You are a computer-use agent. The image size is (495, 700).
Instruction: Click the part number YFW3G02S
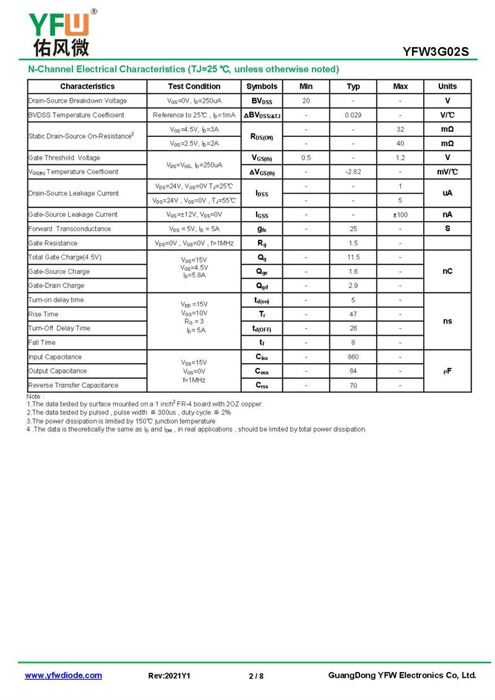click(x=436, y=52)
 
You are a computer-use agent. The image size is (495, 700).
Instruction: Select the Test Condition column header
click(x=194, y=87)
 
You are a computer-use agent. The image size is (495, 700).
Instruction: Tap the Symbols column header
click(x=262, y=87)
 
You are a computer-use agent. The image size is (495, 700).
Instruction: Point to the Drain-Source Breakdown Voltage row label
click(x=77, y=101)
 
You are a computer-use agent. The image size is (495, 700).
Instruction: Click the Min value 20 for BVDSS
click(x=306, y=101)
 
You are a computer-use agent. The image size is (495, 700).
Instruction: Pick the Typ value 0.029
click(x=353, y=115)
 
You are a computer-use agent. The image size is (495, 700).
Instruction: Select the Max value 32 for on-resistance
click(x=400, y=129)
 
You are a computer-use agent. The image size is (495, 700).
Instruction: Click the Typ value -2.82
click(x=353, y=172)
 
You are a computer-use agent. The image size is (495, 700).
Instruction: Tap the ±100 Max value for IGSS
click(x=400, y=215)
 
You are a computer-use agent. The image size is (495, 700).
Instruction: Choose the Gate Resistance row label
click(x=53, y=243)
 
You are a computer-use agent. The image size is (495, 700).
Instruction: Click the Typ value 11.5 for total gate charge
click(x=353, y=258)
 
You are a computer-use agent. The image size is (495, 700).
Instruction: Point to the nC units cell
click(x=447, y=271)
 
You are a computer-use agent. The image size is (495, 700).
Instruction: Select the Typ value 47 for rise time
click(x=353, y=315)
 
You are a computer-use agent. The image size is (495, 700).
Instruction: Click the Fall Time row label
click(x=42, y=343)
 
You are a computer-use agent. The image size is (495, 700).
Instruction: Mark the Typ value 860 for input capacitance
click(x=353, y=357)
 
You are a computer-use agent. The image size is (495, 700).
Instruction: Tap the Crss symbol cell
click(x=262, y=385)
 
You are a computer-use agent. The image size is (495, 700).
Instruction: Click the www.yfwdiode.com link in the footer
click(x=63, y=676)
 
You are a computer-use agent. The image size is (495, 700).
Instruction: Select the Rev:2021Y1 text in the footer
click(x=170, y=676)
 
